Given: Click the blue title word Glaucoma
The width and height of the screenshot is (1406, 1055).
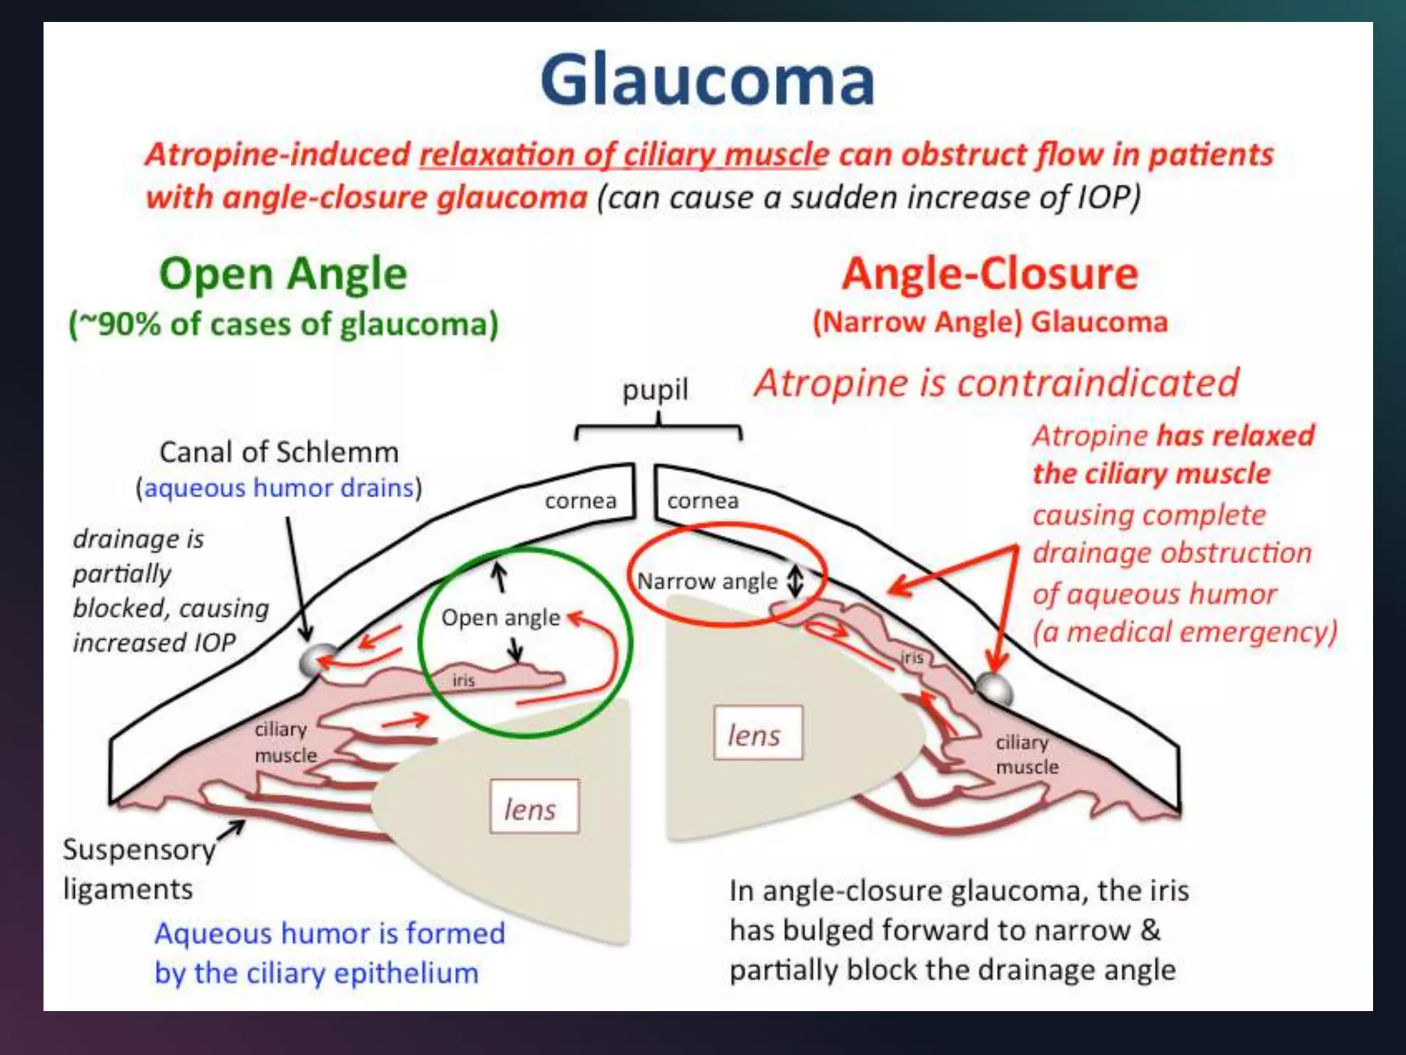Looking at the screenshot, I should [707, 80].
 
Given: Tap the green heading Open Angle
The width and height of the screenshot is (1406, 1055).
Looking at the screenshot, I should [283, 274].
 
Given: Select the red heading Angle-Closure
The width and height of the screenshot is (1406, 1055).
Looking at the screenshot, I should [990, 274].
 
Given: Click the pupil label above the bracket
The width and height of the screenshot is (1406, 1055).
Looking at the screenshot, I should [655, 390].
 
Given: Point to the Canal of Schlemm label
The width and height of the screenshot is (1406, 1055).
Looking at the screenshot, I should [279, 453].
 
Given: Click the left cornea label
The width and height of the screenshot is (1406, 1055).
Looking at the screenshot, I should [580, 501].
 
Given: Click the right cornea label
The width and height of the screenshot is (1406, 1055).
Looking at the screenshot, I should [702, 501].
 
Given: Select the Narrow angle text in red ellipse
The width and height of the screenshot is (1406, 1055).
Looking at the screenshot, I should [707, 582].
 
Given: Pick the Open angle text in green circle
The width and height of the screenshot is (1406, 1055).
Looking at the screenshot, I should [500, 617].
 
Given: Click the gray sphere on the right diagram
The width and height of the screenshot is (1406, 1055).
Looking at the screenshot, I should [993, 688].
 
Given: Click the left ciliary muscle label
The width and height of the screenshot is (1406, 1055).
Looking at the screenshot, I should [285, 742].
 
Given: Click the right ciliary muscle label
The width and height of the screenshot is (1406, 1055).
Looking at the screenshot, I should [1026, 754].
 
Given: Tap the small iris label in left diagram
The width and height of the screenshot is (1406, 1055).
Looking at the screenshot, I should [463, 680].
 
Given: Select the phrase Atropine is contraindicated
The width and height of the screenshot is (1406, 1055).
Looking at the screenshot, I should [996, 383].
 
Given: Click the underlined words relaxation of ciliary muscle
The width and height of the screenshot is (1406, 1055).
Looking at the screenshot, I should [623, 155].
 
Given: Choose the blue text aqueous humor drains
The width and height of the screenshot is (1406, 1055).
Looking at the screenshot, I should [279, 488].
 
